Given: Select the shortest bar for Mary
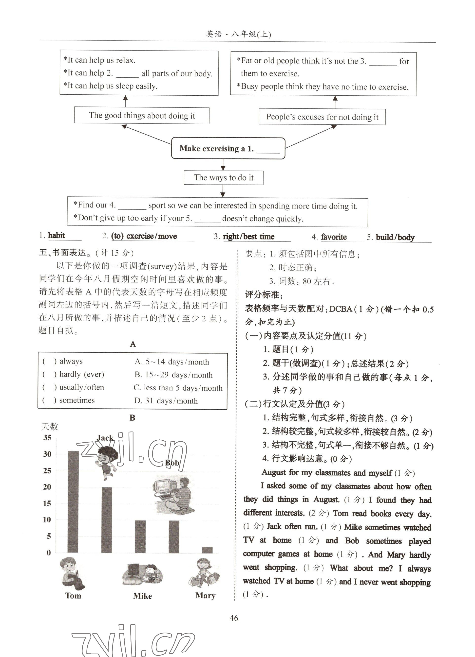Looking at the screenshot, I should click(207, 550).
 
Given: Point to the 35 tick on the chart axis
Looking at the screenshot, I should click(47, 438).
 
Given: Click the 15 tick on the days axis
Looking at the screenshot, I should click(47, 503).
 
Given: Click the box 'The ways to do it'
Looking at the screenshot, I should click(224, 178).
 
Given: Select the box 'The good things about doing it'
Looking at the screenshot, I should click(142, 116).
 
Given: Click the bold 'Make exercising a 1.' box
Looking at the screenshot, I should click(228, 148).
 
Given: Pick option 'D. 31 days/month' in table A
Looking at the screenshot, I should click(166, 401).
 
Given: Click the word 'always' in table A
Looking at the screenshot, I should click(71, 361).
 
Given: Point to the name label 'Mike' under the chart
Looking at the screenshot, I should click(142, 596).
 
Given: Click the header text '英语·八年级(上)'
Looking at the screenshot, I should click(238, 34).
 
